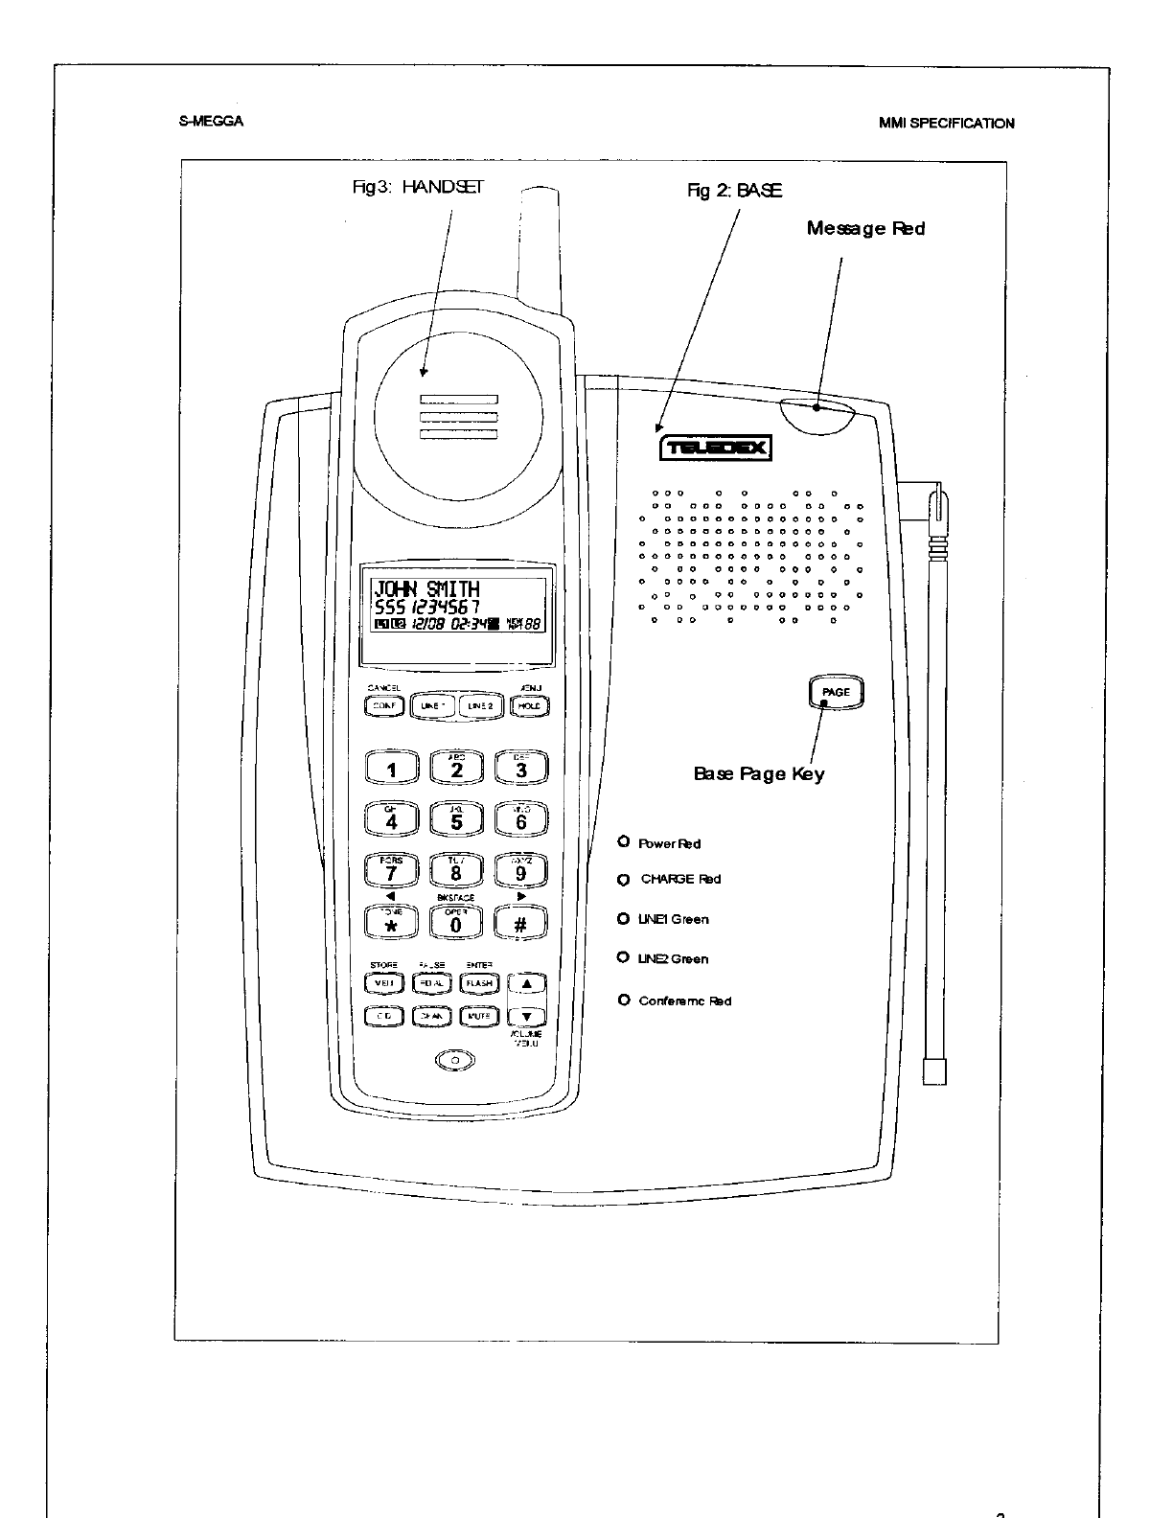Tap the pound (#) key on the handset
tap(520, 923)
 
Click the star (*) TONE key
tap(391, 923)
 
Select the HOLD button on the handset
tap(528, 706)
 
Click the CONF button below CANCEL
tap(384, 706)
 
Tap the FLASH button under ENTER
tap(479, 982)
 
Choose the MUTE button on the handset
tap(479, 1016)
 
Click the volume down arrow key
tap(526, 1016)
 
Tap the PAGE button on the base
tap(836, 692)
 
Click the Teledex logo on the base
tap(714, 448)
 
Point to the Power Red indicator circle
tap(623, 841)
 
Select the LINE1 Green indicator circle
tap(623, 918)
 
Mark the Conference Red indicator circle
tap(623, 1000)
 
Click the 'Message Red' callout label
tap(865, 228)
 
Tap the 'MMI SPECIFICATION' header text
tap(946, 123)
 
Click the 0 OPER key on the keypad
tap(456, 923)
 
